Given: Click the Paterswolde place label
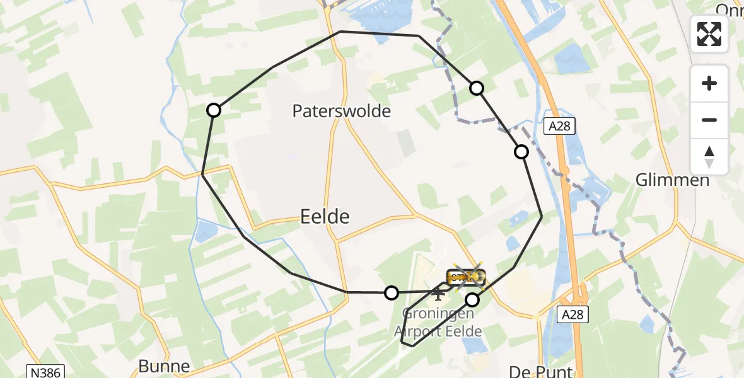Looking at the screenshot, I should click(x=341, y=112).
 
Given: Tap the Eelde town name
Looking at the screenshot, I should click(x=324, y=217).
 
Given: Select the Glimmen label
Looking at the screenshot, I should click(x=672, y=180).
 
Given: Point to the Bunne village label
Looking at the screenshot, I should click(x=164, y=367).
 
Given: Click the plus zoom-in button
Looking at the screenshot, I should click(x=709, y=83).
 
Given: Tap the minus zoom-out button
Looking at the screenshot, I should click(x=709, y=120).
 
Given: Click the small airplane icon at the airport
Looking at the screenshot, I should click(x=438, y=293).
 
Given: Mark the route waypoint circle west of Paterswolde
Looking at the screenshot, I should click(x=214, y=110).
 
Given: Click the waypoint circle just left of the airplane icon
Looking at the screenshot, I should click(x=392, y=292).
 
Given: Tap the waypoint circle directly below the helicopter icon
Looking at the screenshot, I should click(x=472, y=299).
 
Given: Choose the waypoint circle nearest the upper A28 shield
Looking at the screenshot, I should click(x=521, y=151).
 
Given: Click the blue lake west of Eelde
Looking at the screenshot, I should click(x=205, y=232).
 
